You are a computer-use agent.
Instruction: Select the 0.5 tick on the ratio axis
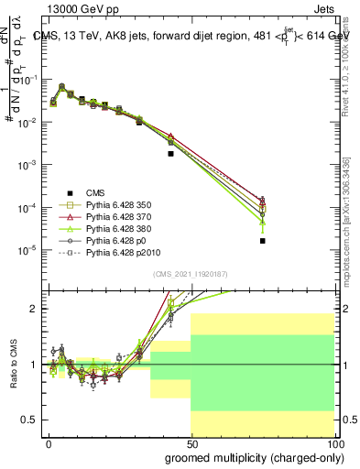point(28,420)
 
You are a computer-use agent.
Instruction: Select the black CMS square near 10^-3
point(170,154)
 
